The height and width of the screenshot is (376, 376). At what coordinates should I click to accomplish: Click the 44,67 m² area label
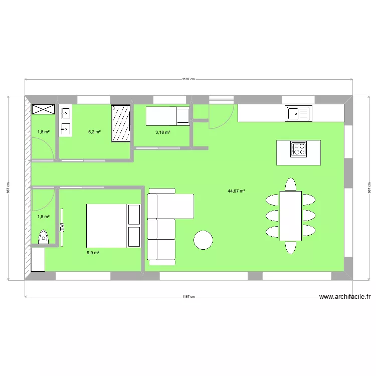(x=236, y=191)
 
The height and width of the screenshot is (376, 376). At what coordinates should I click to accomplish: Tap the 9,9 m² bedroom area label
(x=93, y=253)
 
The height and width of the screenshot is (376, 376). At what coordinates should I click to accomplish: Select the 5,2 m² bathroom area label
(x=94, y=132)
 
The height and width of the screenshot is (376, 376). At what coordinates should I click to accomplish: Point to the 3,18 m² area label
(x=162, y=132)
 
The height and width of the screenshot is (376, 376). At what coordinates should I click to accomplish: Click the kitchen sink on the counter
(x=299, y=113)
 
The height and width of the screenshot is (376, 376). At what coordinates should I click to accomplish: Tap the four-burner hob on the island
(x=299, y=149)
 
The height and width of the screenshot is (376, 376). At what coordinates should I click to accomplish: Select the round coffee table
(x=204, y=240)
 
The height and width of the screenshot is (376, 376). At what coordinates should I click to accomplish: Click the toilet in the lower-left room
(x=44, y=236)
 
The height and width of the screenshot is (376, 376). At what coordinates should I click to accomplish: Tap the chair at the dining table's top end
(x=290, y=184)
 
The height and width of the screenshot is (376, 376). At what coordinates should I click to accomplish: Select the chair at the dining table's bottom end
(x=291, y=247)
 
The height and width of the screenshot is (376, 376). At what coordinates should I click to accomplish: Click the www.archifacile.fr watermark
(x=345, y=297)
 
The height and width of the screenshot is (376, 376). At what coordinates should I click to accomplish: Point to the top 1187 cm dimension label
(x=189, y=79)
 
